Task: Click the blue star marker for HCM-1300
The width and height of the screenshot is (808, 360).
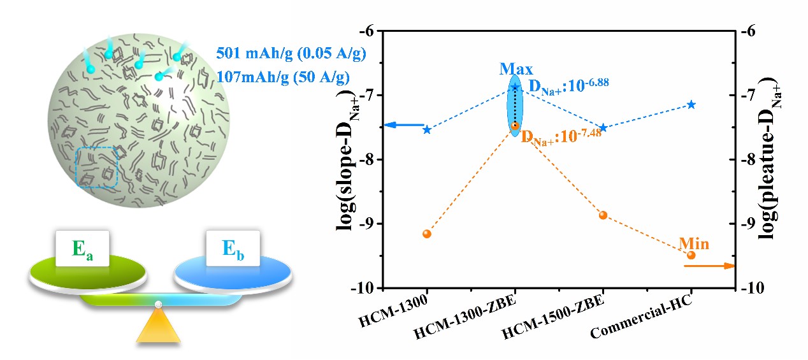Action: [x=427, y=130]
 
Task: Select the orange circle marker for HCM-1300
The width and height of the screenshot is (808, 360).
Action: [x=427, y=234]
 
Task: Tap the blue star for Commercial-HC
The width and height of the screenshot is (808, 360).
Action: [x=691, y=104]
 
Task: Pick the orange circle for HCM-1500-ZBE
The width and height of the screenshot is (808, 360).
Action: [x=603, y=215]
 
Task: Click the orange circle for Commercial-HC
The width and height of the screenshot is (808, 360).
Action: [x=691, y=255]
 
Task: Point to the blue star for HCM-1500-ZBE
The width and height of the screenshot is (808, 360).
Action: [x=603, y=127]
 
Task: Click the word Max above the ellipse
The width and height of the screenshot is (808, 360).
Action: [x=516, y=68]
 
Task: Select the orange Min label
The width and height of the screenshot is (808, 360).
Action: [x=694, y=243]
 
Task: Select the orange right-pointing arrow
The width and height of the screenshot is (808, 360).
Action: [x=709, y=266]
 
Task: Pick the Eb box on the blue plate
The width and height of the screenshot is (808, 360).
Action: [x=233, y=249]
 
